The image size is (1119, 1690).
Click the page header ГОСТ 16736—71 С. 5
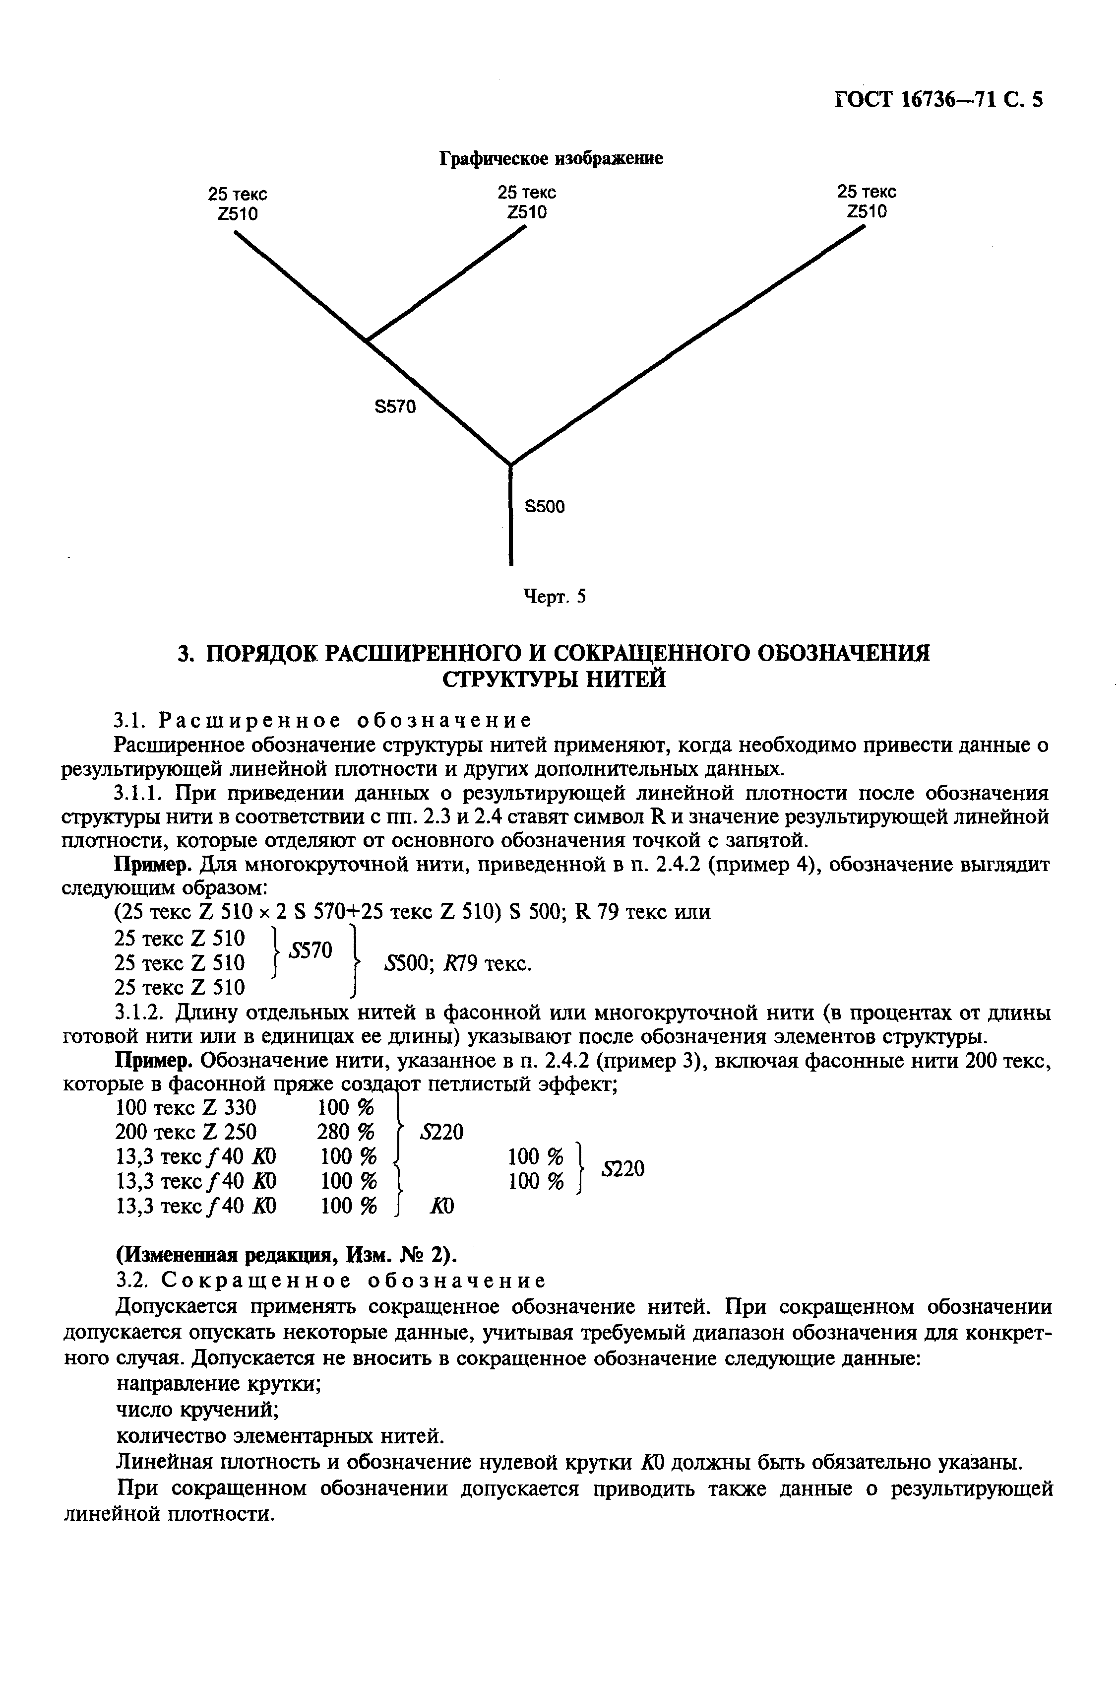938,99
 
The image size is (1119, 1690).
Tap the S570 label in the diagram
395,407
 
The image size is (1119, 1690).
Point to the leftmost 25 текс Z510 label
238,204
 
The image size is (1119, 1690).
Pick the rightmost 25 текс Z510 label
867,202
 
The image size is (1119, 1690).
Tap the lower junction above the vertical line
510,464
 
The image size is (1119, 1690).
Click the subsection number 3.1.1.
140,793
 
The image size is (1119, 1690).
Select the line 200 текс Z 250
186,1132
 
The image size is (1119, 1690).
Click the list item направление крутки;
218,1384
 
